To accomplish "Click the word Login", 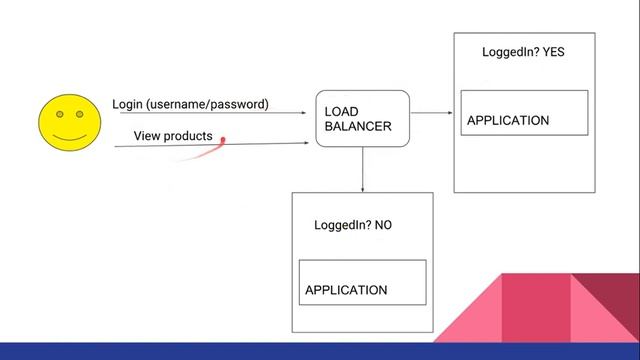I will click(x=127, y=104).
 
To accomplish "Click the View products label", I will click(x=173, y=135).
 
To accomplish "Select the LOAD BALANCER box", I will click(x=362, y=118).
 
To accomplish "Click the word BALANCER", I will click(x=357, y=127).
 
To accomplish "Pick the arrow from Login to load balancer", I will click(x=210, y=113).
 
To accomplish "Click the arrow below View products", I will click(x=210, y=145).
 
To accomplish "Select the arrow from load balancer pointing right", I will click(x=431, y=113).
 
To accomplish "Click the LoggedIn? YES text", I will click(x=523, y=52).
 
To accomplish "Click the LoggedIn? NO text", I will click(x=353, y=225).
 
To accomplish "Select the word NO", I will click(x=383, y=225).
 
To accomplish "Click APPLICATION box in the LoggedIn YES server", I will click(x=523, y=113).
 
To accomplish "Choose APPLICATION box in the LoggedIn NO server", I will click(x=362, y=283).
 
